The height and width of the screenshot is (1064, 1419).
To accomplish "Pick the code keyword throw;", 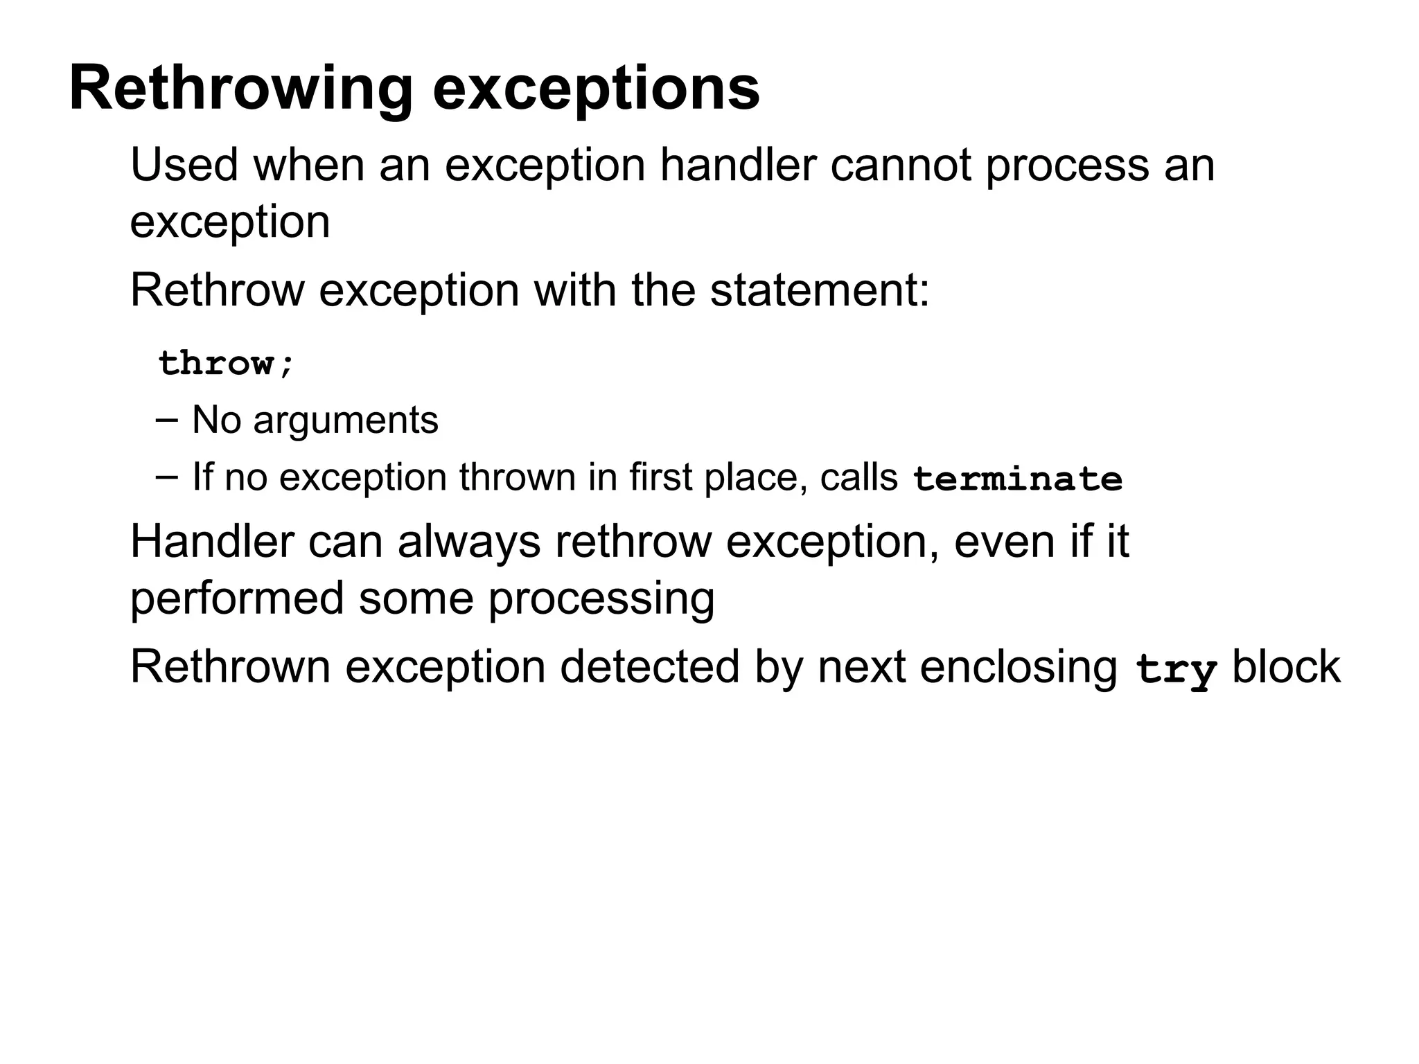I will coord(227,363).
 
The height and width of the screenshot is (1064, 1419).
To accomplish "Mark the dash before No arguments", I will coord(166,420).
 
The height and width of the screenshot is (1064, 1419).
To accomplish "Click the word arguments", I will coord(346,420).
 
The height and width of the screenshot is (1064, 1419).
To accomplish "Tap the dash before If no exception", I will coord(166,477).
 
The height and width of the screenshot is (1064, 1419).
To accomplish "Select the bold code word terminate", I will coord(1017,479).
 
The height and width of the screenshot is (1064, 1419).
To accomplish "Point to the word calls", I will coord(858,477).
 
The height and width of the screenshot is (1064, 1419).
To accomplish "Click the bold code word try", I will coord(1176,669).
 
